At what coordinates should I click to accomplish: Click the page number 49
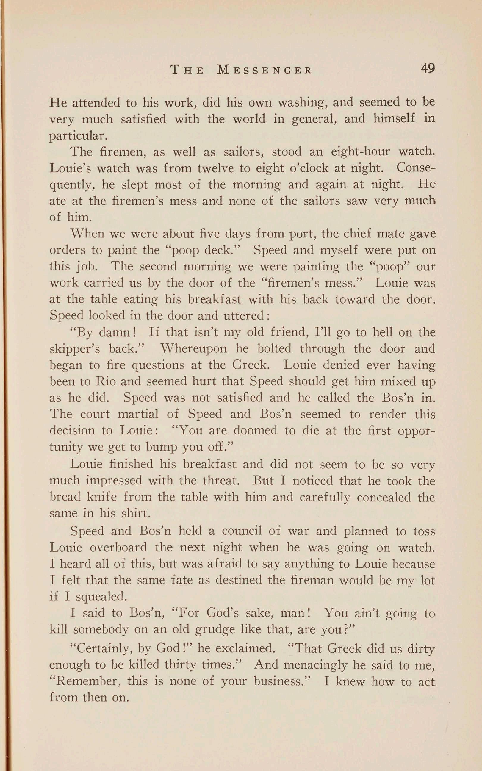pyautogui.click(x=428, y=68)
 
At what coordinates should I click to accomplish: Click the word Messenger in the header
pyautogui.click(x=264, y=70)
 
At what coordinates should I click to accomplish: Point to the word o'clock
pyautogui.click(x=308, y=168)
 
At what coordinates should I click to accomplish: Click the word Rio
pyautogui.click(x=106, y=381)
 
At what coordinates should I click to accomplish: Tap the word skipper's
pyautogui.click(x=75, y=349)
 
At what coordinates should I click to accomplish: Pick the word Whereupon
pyautogui.click(x=193, y=349)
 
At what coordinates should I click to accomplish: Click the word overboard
pyautogui.click(x=118, y=547)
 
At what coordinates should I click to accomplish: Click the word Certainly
pyautogui.click(x=100, y=649)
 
